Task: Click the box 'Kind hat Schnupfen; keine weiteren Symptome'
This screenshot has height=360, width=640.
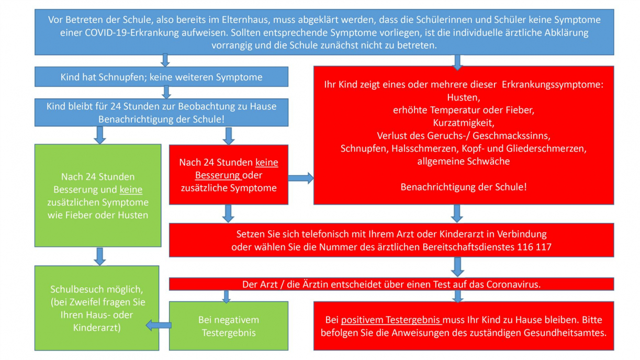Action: click(161, 77)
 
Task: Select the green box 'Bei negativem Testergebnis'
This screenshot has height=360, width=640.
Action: click(229, 326)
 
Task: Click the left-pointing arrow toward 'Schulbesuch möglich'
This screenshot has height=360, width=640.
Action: click(159, 325)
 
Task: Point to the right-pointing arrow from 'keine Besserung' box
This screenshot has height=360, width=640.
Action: click(301, 178)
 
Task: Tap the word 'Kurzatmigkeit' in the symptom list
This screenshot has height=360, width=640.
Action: click(464, 123)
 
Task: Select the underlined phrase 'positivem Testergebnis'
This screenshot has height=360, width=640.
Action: click(391, 320)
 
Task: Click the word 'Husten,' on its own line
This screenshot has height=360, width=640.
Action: click(464, 97)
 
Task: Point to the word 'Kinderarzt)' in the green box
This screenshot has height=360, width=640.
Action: click(97, 328)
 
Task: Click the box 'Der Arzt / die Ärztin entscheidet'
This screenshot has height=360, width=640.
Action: click(391, 284)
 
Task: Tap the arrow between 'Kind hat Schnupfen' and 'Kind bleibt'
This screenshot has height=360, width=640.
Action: click(166, 92)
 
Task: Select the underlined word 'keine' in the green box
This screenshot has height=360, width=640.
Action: click(131, 189)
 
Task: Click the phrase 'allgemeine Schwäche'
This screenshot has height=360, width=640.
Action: click(464, 162)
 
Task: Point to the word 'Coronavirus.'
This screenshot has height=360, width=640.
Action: click(513, 285)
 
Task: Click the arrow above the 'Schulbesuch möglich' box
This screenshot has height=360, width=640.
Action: click(100, 256)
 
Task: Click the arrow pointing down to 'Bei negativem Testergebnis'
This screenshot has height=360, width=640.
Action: click(226, 297)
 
